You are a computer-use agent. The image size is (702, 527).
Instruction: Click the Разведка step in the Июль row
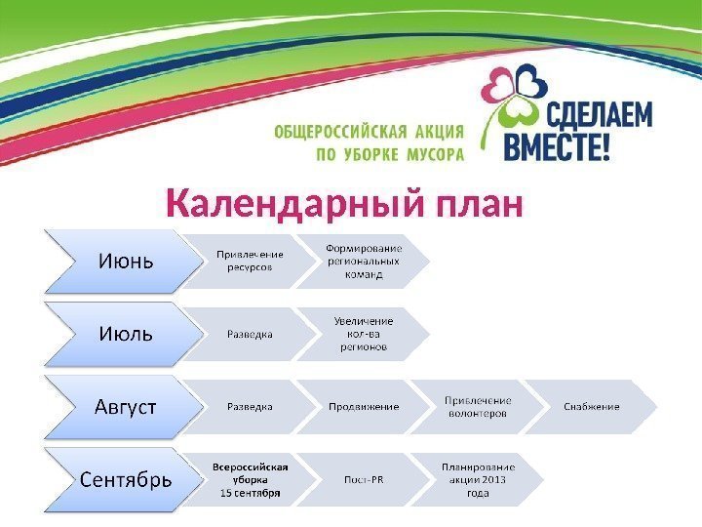(x=250, y=334)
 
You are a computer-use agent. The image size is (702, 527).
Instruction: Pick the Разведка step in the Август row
(x=250, y=406)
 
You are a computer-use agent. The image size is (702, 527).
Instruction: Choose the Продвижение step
(x=363, y=406)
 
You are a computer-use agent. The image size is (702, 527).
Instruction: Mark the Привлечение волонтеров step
(x=478, y=406)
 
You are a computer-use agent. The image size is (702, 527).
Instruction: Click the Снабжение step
(x=591, y=406)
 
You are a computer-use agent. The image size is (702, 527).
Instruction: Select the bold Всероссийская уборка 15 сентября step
(x=250, y=479)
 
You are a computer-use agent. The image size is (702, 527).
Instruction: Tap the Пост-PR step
(x=363, y=479)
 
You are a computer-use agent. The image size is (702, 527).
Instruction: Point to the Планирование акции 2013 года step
(x=478, y=479)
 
